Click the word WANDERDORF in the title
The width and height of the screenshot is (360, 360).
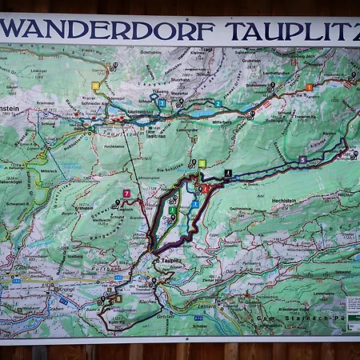coord(109,30)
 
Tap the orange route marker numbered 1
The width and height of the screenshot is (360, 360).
coord(309,86)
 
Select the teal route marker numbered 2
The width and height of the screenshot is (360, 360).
coord(218,103)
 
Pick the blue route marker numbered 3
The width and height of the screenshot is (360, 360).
coord(161,103)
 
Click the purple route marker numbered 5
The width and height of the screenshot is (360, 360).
coord(302,159)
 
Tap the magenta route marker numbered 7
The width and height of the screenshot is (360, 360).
coord(126,193)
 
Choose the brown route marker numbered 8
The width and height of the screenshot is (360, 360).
coord(118,298)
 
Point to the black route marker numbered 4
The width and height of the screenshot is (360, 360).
coord(228,173)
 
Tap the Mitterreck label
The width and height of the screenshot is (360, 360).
coord(49,170)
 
